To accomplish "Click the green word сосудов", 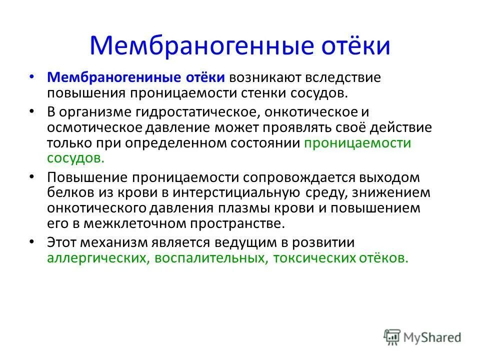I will coord(75,157).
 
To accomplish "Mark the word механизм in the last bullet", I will coord(121,242).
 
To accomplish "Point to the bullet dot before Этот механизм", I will coord(32,241).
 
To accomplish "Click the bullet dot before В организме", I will coord(32,111).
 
